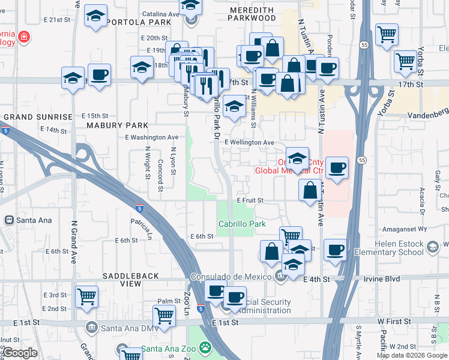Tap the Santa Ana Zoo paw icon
tap(205, 347)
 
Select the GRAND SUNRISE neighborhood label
tap(38, 116)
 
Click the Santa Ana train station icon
tap(10, 220)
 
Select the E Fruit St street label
tap(250, 200)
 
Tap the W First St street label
tap(394, 322)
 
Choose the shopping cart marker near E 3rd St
tap(87, 296)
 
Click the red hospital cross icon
tap(23, 37)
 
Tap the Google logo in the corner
tap(20, 353)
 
